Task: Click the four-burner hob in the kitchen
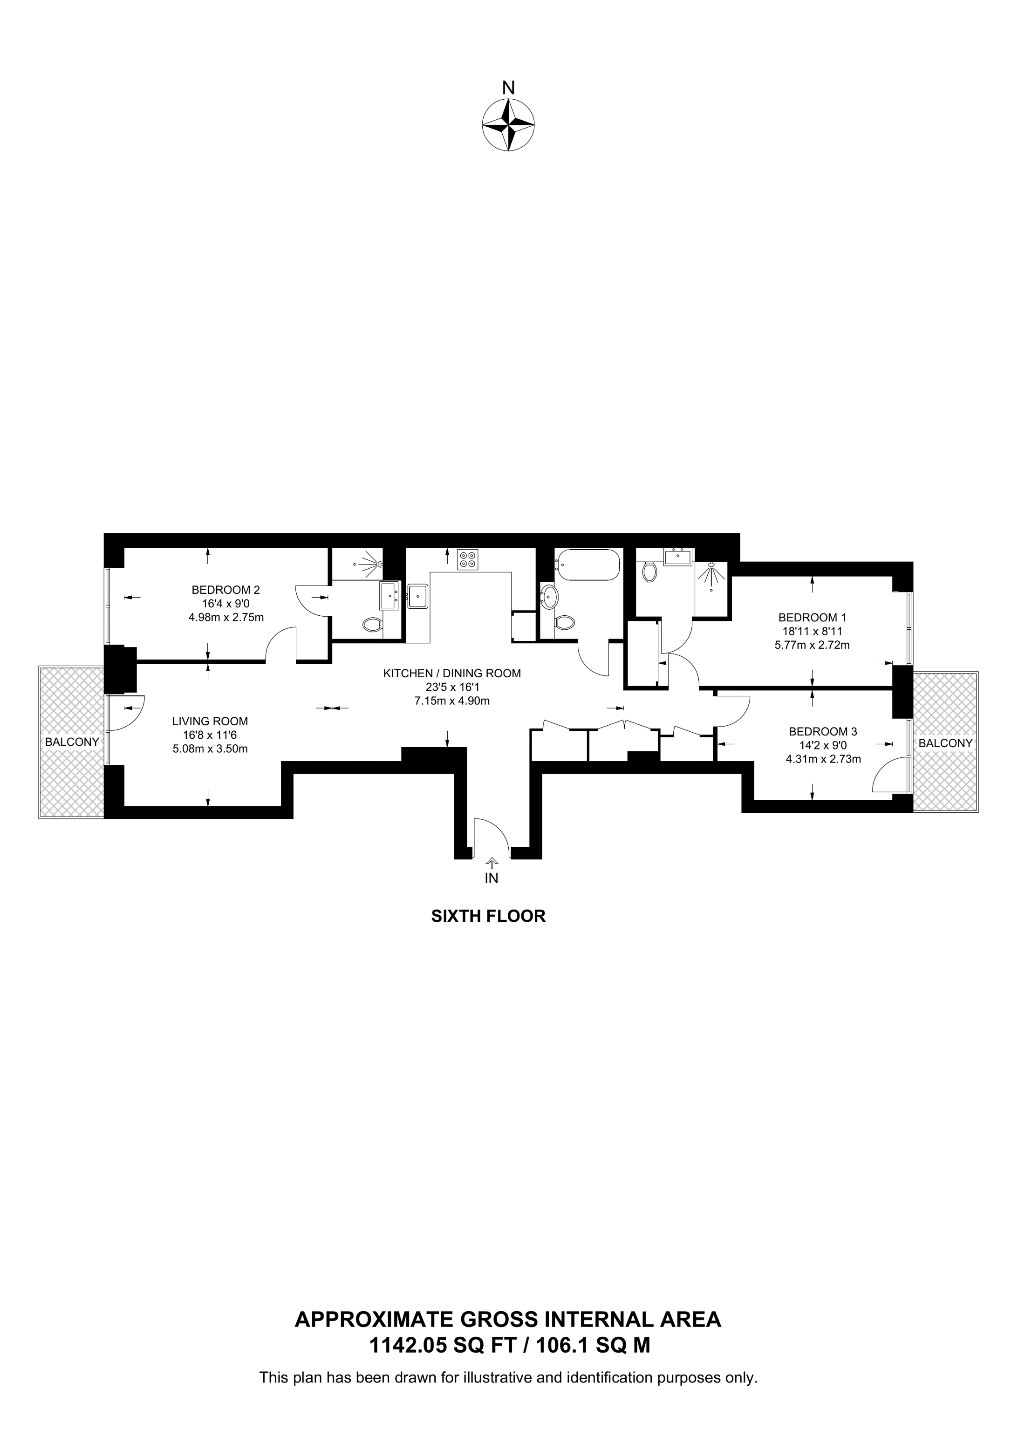click(468, 559)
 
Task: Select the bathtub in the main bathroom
click(588, 565)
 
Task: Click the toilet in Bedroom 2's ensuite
click(373, 625)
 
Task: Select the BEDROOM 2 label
click(225, 590)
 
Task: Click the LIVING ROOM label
click(210, 721)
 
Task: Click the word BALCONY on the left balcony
click(72, 742)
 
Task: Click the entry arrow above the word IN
click(492, 862)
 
